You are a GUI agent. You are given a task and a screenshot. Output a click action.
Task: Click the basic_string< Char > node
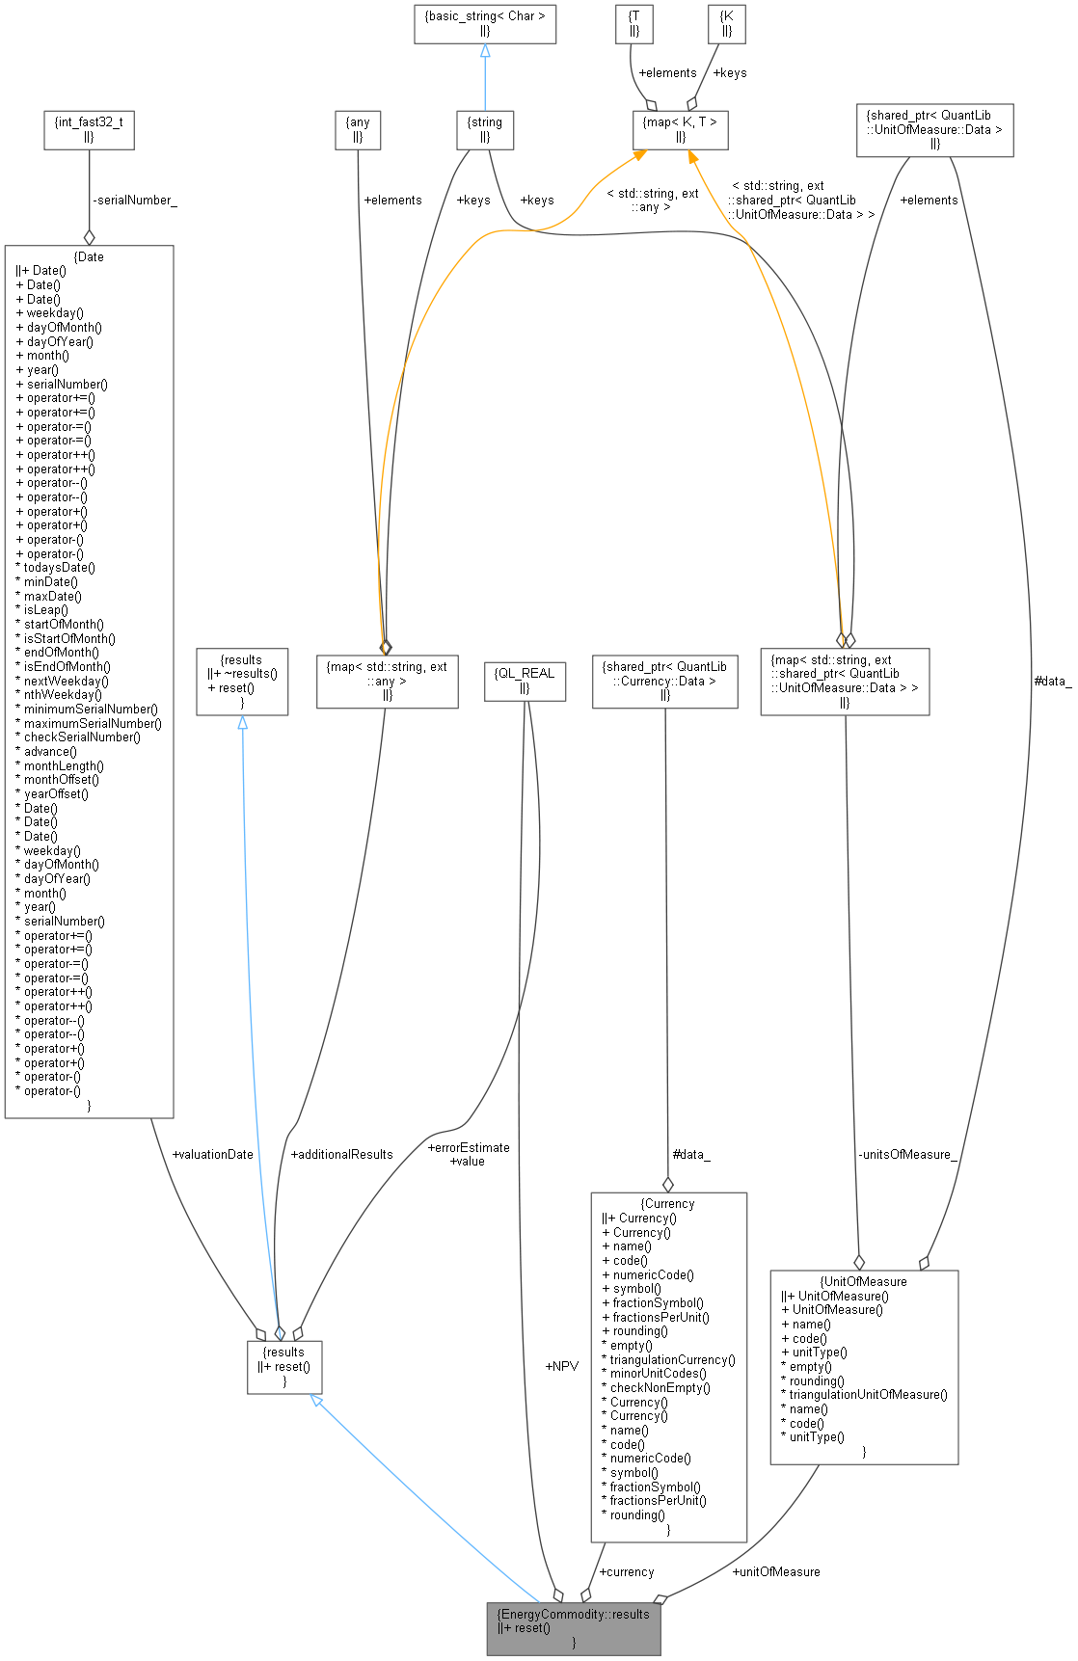485,24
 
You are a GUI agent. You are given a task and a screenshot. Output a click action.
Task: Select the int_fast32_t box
89,129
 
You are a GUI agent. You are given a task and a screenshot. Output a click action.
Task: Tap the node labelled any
358,129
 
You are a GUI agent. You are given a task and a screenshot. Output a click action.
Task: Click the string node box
485,129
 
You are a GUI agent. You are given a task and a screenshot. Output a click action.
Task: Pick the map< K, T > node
680,129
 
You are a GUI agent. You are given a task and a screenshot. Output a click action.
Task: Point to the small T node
633,24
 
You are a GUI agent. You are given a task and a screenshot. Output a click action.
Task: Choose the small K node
726,24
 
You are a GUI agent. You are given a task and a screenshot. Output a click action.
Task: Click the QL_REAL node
525,681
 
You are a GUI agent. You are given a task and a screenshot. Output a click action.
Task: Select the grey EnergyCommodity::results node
573,1628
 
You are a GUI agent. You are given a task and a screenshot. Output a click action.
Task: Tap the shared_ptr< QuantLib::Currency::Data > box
664,681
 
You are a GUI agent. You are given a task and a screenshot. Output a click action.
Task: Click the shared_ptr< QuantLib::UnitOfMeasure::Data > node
934,129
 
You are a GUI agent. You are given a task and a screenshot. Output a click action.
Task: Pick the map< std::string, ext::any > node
387,681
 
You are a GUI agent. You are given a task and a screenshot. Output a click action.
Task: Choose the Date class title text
90,257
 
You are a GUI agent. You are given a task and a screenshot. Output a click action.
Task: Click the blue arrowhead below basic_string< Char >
485,50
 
